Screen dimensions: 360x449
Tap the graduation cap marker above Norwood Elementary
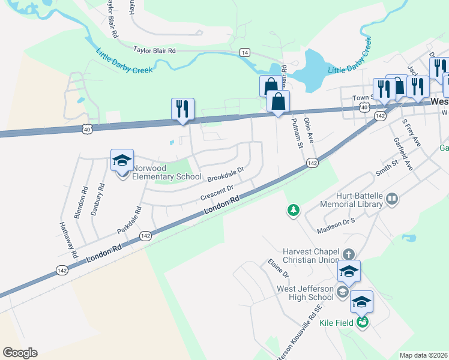click(122, 161)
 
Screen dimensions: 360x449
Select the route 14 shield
click(244, 52)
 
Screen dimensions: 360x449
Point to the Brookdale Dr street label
click(226, 175)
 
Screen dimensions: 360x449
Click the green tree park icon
click(293, 210)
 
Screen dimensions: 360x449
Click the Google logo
click(20, 353)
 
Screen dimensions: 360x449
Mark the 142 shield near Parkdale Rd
click(145, 236)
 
